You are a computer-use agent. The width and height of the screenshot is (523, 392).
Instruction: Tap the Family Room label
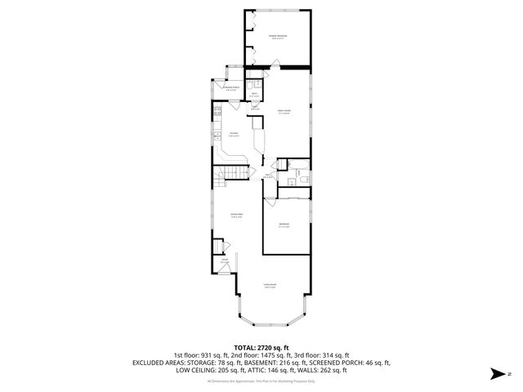(284, 112)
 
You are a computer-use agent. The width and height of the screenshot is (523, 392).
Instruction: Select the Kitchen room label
(234, 134)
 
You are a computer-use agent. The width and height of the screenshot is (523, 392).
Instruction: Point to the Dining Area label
(236, 216)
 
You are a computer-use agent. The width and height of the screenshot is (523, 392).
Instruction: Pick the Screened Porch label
(232, 88)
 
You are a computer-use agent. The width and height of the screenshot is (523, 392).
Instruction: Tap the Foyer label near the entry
(224, 261)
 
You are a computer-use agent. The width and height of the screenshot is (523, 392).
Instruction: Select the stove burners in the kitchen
(217, 110)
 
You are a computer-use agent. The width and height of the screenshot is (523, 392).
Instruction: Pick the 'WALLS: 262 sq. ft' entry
(318, 370)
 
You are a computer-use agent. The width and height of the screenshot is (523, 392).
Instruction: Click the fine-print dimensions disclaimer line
(261, 381)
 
